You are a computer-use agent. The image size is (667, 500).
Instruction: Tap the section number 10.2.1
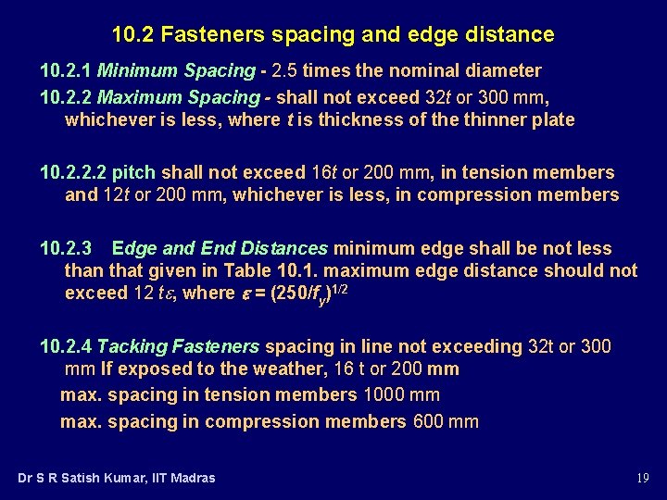click(66, 70)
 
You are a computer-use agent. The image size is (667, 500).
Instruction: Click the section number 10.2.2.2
click(73, 172)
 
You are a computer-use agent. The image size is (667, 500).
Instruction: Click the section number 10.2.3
click(66, 248)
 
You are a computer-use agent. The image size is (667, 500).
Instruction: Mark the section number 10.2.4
click(66, 346)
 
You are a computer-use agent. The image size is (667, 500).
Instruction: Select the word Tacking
click(131, 346)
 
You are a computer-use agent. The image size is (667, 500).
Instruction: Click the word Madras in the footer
click(192, 478)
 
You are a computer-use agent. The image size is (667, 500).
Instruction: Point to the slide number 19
click(642, 478)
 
